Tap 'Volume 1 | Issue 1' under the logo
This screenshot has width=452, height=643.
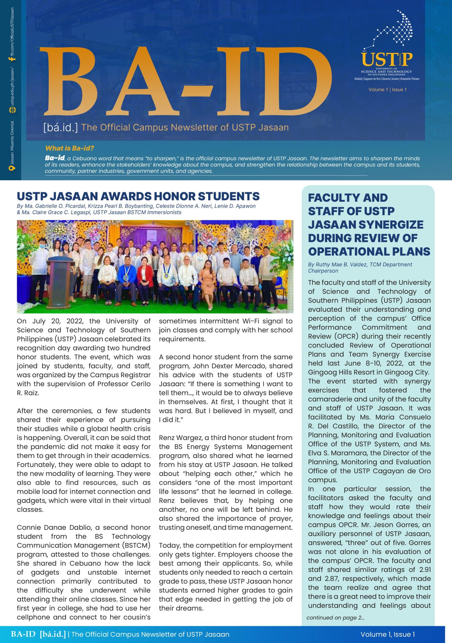[387, 90]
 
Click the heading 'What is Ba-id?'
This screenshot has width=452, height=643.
[70, 148]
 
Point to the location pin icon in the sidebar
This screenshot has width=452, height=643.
[12, 168]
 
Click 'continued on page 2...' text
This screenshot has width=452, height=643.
[335, 618]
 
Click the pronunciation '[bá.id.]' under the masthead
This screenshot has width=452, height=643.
[61, 127]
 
